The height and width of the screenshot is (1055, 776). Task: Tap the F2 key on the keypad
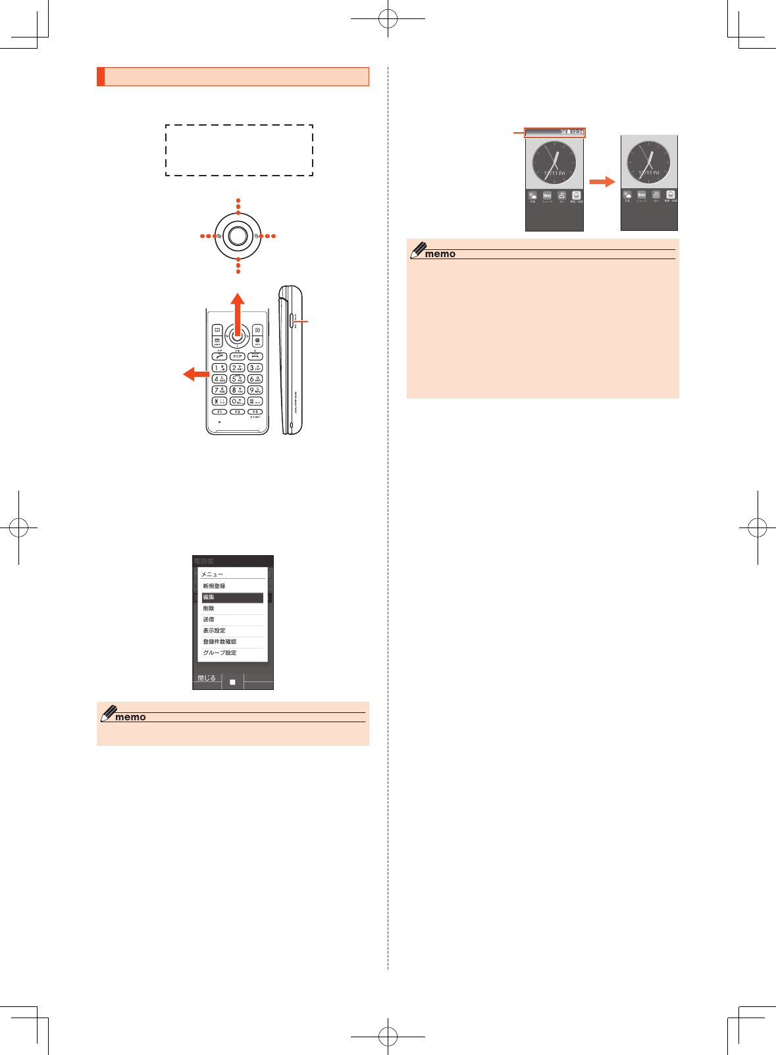pyautogui.click(x=237, y=412)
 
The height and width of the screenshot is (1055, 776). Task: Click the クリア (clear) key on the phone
pyautogui.click(x=237, y=356)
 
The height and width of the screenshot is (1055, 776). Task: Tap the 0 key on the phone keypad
pyautogui.click(x=237, y=401)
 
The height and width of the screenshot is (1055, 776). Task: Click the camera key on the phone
pyautogui.click(x=257, y=330)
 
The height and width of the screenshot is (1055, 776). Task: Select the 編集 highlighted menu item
pyautogui.click(x=232, y=597)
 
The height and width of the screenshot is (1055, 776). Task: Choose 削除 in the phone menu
pyautogui.click(x=232, y=608)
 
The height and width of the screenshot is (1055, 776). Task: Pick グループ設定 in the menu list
pyautogui.click(x=232, y=652)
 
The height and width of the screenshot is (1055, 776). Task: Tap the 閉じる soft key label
pyautogui.click(x=207, y=678)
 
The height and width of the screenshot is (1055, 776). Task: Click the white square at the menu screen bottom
pyautogui.click(x=232, y=682)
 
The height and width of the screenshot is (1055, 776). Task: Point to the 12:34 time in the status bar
pyautogui.click(x=577, y=132)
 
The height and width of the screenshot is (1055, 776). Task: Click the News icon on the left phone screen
pyautogui.click(x=547, y=195)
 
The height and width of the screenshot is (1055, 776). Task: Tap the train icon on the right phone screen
pyautogui.click(x=670, y=195)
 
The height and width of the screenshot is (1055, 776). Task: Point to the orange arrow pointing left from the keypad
pyautogui.click(x=195, y=374)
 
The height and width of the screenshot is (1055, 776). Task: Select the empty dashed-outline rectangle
pyautogui.click(x=239, y=150)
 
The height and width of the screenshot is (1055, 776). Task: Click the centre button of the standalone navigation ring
pyautogui.click(x=238, y=235)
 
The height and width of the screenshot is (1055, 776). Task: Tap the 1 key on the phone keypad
pyautogui.click(x=219, y=368)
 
